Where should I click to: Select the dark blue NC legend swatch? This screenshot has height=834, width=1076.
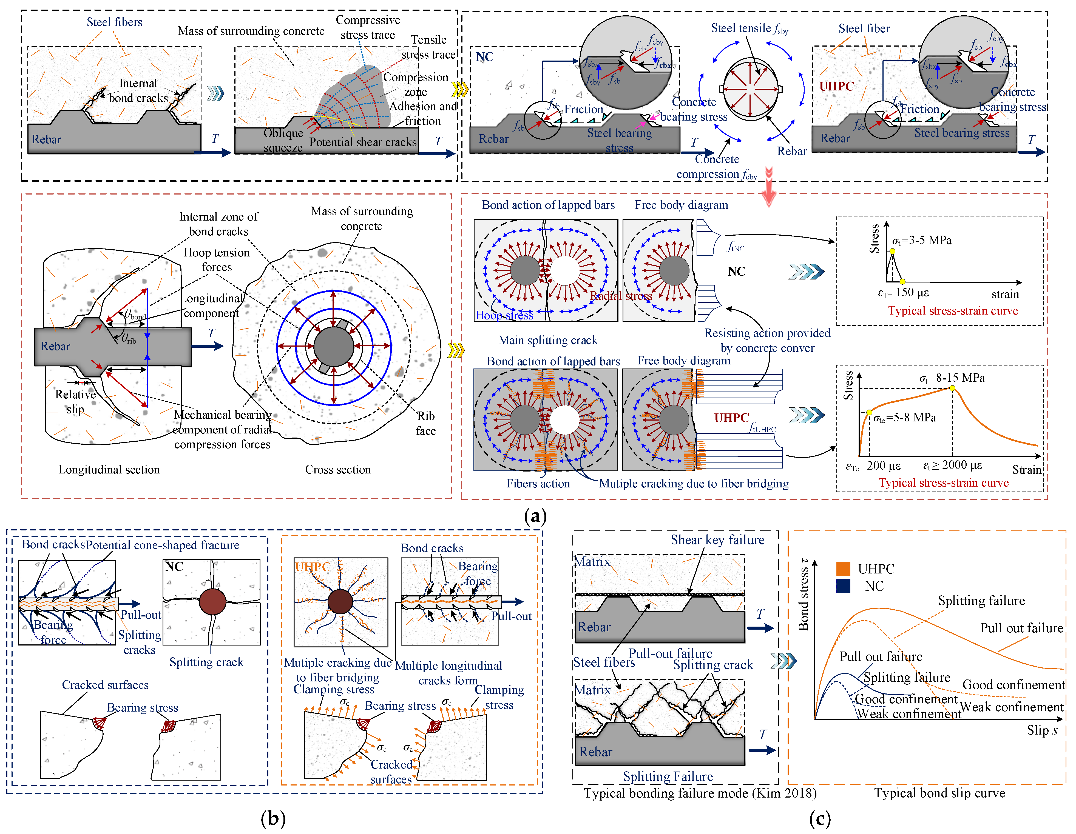pyautogui.click(x=843, y=586)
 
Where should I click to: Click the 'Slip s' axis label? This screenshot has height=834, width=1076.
pyautogui.click(x=1041, y=730)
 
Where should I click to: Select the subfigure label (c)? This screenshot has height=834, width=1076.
pyautogui.click(x=820, y=818)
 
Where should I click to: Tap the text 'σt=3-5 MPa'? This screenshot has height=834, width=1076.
pyautogui.click(x=921, y=240)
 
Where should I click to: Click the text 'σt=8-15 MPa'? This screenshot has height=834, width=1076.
pyautogui.click(x=951, y=378)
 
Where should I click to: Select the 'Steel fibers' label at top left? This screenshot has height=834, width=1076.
pyautogui.click(x=114, y=22)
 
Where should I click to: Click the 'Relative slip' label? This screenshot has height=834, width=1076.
pyautogui.click(x=75, y=402)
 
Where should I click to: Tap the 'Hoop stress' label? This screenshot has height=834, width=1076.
pyautogui.click(x=504, y=315)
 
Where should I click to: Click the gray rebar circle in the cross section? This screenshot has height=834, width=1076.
pyautogui.click(x=334, y=347)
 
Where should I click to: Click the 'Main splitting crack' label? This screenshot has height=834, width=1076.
pyautogui.click(x=547, y=340)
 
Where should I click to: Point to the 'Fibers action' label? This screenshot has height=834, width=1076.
pyautogui.click(x=538, y=484)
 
